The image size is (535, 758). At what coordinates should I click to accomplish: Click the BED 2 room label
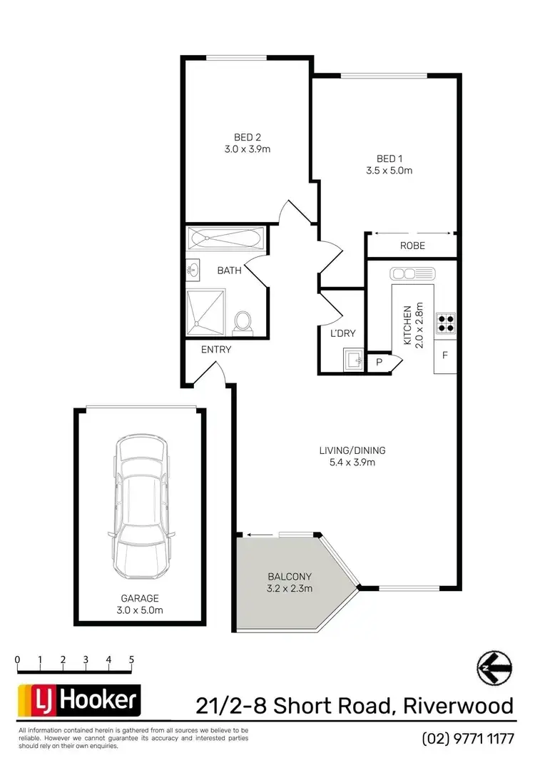(247, 137)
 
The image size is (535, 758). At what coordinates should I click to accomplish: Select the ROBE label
(412, 246)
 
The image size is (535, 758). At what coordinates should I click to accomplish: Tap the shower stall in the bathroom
(206, 312)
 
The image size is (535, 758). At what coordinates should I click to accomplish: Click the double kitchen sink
(412, 273)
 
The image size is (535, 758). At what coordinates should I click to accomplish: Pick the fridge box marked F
(445, 355)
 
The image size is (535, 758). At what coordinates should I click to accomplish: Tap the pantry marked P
(379, 363)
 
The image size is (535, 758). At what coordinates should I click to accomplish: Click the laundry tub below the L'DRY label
(352, 360)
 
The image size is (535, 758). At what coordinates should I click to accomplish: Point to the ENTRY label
(216, 350)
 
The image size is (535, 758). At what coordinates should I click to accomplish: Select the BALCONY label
(289, 577)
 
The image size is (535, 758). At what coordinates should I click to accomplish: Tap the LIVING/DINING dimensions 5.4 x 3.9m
(352, 462)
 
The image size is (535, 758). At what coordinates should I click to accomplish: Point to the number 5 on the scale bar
(131, 660)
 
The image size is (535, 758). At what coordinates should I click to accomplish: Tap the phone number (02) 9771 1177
(468, 737)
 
